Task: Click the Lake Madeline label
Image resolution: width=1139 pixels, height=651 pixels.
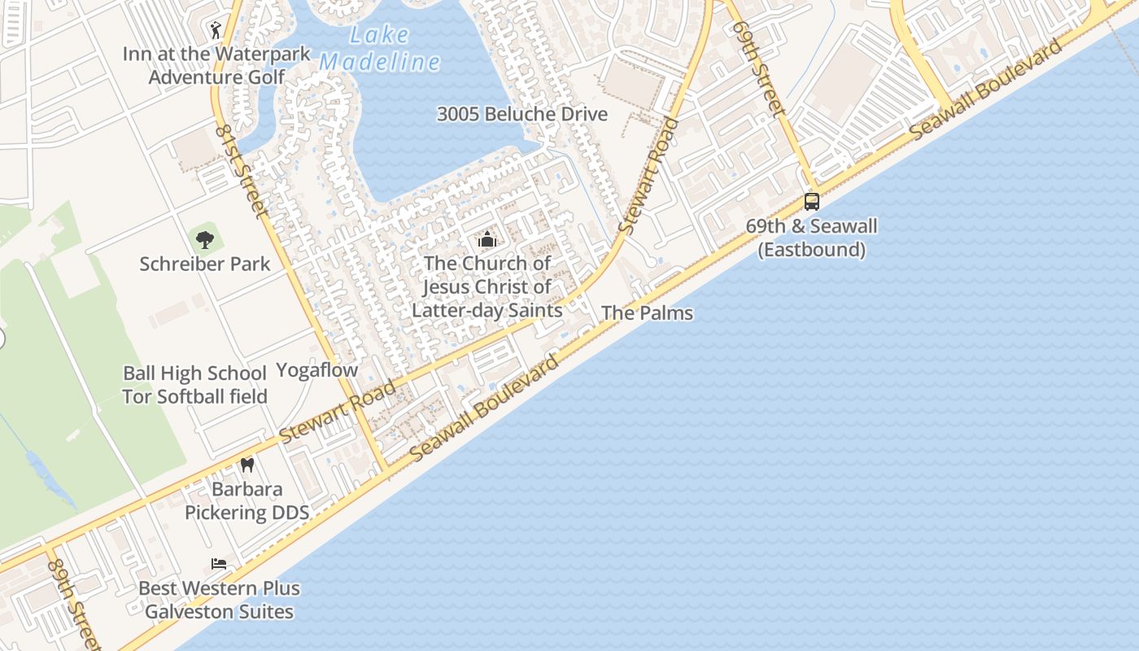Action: coord(379,49)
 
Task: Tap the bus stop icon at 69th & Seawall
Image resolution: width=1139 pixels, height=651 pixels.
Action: coord(811,201)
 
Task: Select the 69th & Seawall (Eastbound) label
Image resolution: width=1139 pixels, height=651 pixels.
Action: coord(811,238)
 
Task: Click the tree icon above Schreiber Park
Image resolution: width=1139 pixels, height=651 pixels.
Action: coord(205,240)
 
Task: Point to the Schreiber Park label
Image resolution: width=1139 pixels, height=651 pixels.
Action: coord(205,264)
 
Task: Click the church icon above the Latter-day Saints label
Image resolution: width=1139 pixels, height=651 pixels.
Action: coord(487,239)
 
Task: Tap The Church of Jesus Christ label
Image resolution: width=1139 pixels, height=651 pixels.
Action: coord(487,286)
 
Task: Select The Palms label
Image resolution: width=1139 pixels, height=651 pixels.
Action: coord(647,312)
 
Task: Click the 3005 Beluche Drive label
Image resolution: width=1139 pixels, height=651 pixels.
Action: coord(522,114)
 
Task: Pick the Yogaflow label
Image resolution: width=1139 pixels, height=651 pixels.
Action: coord(316,370)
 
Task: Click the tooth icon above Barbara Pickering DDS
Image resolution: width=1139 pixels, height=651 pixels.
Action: coord(247,465)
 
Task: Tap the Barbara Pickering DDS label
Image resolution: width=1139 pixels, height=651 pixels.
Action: coord(247,500)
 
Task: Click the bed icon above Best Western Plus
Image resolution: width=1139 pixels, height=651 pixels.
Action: coord(219,564)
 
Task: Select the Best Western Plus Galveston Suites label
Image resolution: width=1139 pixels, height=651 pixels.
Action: coord(219,600)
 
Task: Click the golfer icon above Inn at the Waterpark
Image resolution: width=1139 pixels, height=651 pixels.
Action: coord(216,31)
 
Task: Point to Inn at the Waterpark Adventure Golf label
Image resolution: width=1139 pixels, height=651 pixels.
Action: coord(216,65)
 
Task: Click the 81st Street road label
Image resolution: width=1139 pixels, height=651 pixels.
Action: coord(242,171)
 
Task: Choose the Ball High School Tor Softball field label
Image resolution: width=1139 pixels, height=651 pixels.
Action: coord(194,385)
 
